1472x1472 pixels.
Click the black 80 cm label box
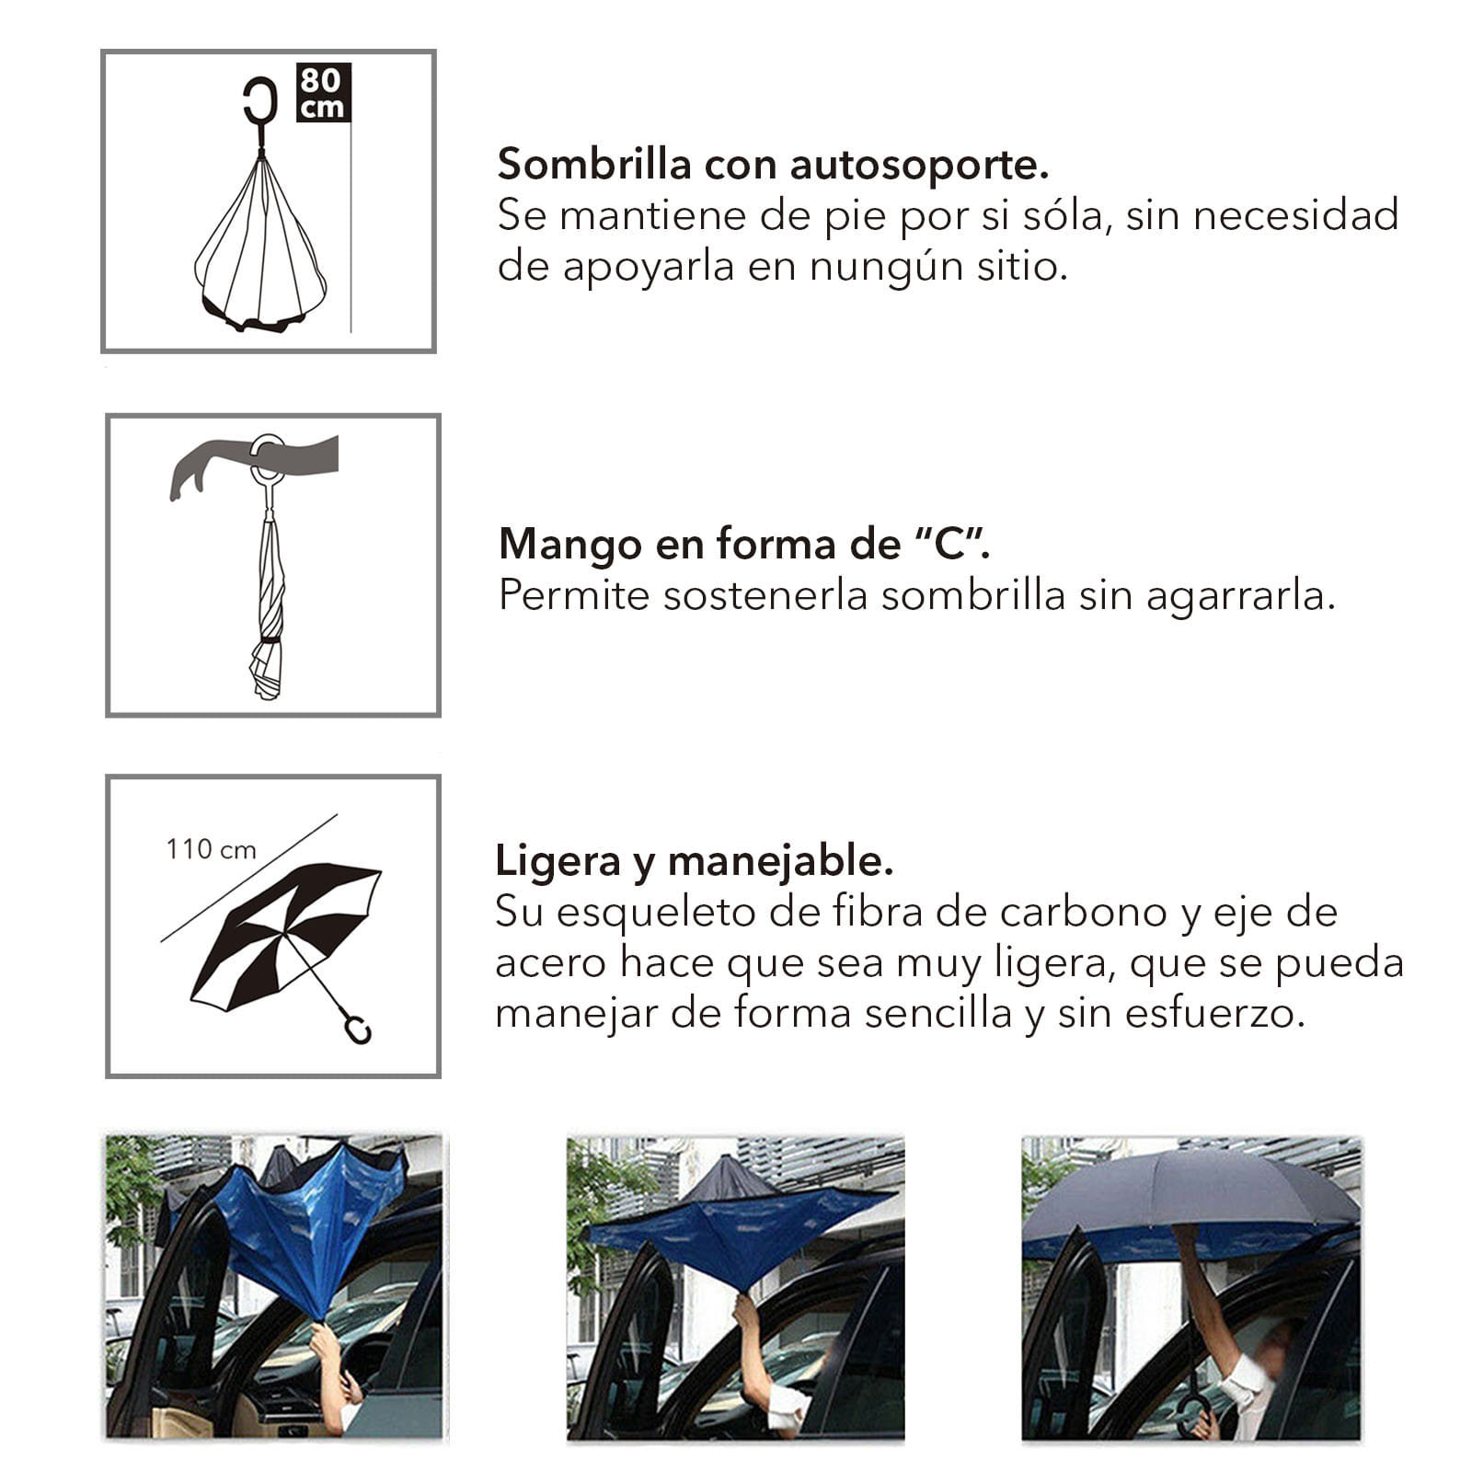[323, 92]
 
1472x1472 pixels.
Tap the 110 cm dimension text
[211, 849]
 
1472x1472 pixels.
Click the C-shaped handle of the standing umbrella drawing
[260, 100]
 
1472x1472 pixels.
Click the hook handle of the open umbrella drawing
[356, 1027]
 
